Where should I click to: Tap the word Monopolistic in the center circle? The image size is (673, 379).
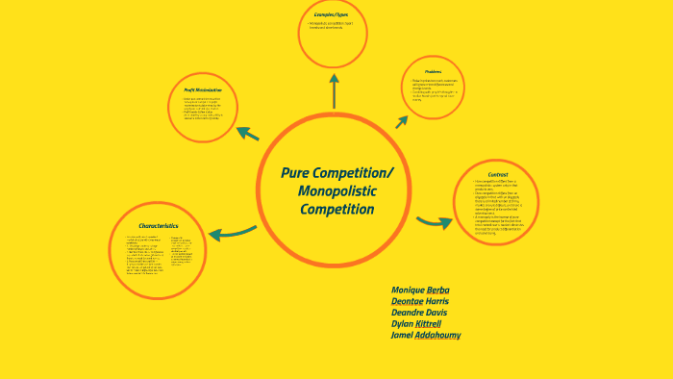pos(336,191)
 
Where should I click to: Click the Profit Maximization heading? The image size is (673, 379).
pos(203,89)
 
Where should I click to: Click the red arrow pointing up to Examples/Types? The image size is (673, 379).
pos(334,93)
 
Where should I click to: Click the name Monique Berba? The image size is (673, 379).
pos(420,290)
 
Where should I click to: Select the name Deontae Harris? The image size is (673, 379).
pos(420,301)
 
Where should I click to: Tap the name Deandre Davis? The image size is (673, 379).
pos(419,313)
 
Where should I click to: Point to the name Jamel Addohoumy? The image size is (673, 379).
pos(425,336)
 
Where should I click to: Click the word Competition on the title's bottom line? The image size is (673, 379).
pos(336,210)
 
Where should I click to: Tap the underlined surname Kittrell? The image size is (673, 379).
pos(430,324)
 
